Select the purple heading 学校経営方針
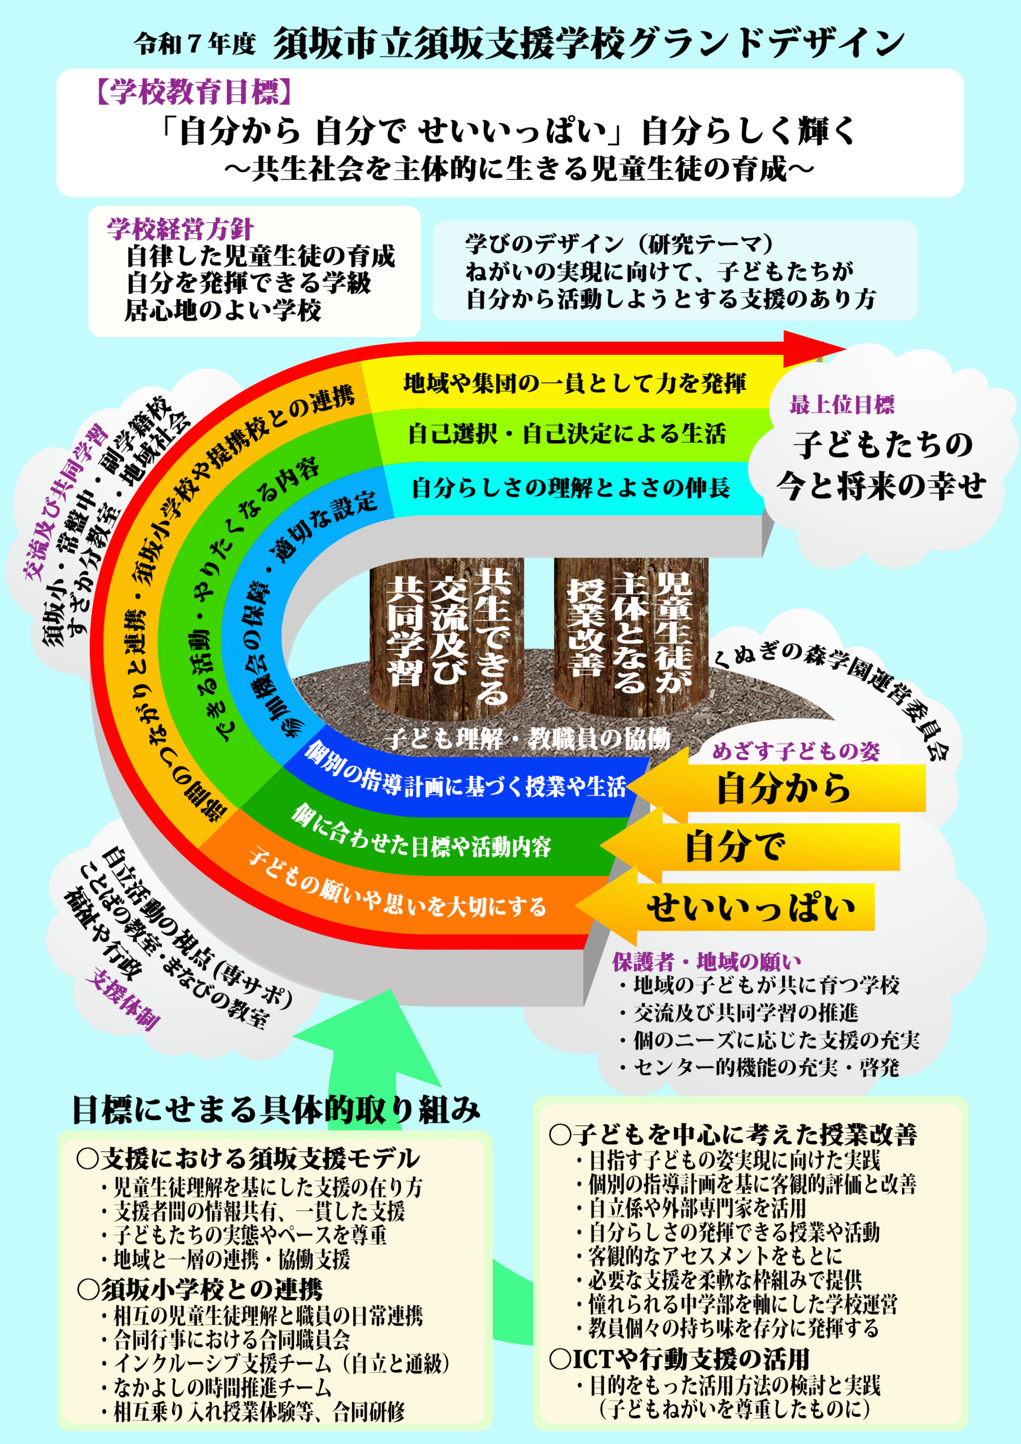click(x=180, y=229)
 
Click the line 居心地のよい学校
click(x=223, y=310)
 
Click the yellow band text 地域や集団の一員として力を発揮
click(x=574, y=383)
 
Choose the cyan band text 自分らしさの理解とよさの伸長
click(x=571, y=488)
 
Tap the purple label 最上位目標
click(x=842, y=405)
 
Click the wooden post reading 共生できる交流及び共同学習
click(x=447, y=635)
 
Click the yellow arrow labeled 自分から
click(x=783, y=789)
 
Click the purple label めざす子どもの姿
click(x=796, y=751)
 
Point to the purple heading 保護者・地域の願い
click(x=706, y=961)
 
